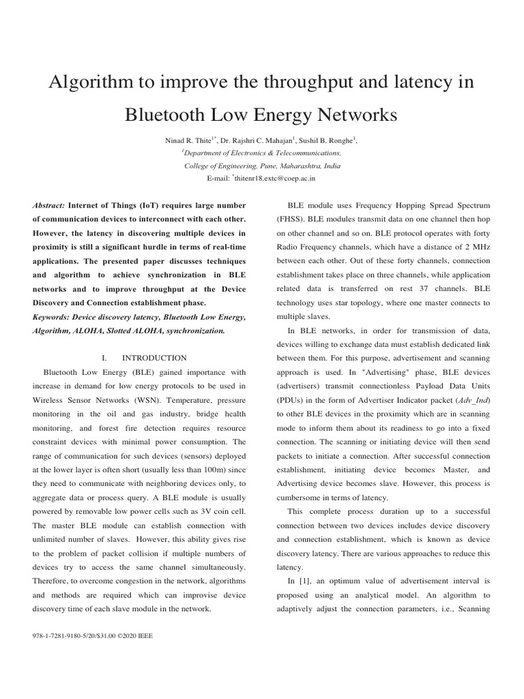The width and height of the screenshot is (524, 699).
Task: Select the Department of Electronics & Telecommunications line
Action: (x=262, y=153)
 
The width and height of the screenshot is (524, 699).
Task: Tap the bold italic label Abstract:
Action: (x=48, y=205)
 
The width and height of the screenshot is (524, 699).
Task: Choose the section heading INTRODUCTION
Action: (x=154, y=358)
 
